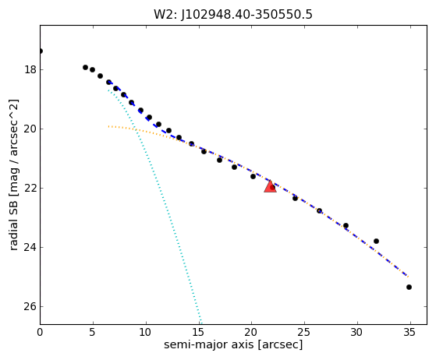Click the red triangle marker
pos(270,187)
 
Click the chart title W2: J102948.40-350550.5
pos(233,15)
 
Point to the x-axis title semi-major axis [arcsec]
pos(233,344)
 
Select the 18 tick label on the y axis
pos(30,69)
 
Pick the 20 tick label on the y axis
pos(30,129)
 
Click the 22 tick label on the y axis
pos(30,188)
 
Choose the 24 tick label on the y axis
pos(30,247)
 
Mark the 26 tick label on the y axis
pos(30,306)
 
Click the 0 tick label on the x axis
pos(40,332)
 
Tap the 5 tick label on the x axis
pos(93,332)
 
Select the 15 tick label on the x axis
pos(199,332)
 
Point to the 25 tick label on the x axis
pos(304,332)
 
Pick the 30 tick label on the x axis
pos(357,332)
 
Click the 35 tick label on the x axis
pos(409,332)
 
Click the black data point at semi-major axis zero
pos(41,51)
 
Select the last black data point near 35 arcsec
pos(409,287)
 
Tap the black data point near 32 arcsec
pos(376,241)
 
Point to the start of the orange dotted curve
pos(108,126)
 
